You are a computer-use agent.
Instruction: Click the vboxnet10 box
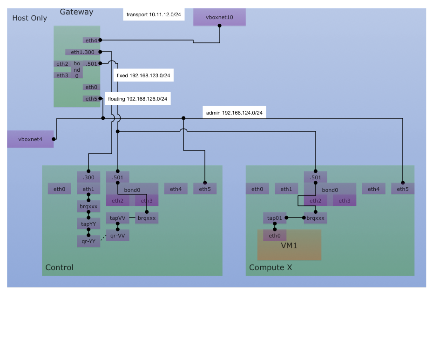(219, 17)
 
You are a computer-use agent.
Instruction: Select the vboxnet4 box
(30, 139)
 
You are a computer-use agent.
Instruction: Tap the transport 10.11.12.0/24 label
(154, 15)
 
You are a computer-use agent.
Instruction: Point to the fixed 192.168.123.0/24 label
(143, 75)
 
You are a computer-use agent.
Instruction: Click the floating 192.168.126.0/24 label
(137, 99)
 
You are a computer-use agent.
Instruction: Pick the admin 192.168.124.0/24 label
(234, 113)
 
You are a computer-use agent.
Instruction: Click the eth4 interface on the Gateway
(91, 41)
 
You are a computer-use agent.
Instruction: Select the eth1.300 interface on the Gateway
(83, 52)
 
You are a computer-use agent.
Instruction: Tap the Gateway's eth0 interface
(91, 87)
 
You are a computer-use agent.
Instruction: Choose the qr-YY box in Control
(88, 241)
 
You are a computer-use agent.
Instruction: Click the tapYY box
(88, 224)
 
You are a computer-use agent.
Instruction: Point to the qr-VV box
(117, 236)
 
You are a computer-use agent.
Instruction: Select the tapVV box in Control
(117, 218)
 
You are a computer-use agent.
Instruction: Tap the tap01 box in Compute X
(275, 218)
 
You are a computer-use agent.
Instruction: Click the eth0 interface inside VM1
(275, 236)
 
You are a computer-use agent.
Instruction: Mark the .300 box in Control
(88, 177)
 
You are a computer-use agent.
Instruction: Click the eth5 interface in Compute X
(403, 189)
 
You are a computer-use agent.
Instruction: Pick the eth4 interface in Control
(176, 189)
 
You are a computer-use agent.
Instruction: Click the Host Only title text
(29, 18)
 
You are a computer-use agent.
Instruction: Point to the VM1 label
(289, 246)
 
